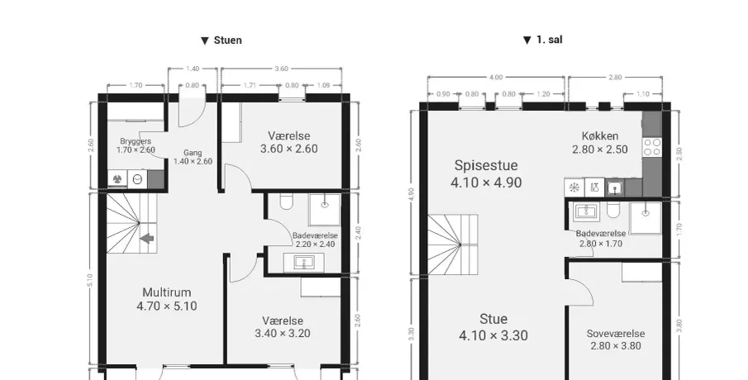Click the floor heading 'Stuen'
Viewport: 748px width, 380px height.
227,40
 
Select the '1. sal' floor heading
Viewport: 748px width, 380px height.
549,40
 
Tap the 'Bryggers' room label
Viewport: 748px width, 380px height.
136,141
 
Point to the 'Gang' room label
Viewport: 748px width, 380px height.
193,153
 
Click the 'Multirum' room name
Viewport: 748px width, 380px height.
166,292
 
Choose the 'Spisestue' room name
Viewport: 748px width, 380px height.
486,165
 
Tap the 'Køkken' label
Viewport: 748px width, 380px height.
600,135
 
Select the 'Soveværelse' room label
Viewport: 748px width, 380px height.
616,334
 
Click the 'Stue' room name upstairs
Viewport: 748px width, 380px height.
493,319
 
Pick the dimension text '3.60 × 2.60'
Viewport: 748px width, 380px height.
289,149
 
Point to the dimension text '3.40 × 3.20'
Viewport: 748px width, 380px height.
283,333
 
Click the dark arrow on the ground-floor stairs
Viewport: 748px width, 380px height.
147,237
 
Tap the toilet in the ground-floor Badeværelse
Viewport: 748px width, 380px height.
286,202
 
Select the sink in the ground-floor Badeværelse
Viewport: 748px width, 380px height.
303,262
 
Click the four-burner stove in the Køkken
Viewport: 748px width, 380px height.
652,147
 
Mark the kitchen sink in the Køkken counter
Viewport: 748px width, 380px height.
615,188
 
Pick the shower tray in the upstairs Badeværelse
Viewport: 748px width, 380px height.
646,217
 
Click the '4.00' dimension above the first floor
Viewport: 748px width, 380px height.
496,78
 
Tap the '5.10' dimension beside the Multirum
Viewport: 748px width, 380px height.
90,280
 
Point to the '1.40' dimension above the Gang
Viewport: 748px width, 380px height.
193,69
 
